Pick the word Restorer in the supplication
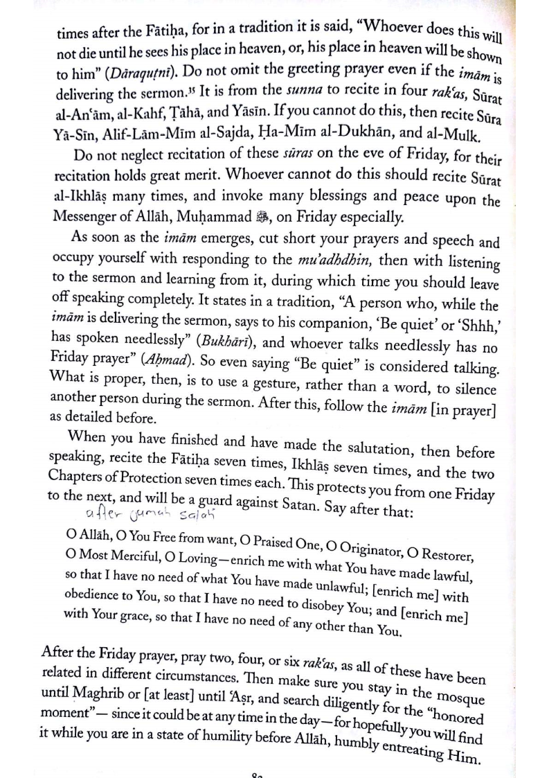[446, 554]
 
